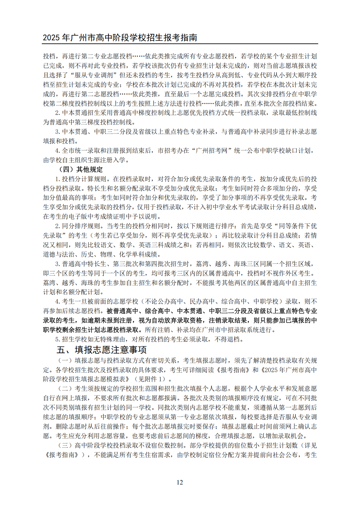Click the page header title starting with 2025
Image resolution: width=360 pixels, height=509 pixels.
(x=120, y=38)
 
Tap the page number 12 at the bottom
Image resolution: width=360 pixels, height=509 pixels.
(x=180, y=482)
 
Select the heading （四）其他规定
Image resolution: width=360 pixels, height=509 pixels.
(x=80, y=169)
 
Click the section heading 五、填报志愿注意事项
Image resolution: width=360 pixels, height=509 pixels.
(x=102, y=350)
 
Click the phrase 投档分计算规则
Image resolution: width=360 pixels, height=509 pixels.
(x=84, y=179)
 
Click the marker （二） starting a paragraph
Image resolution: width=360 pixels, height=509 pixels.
(x=65, y=389)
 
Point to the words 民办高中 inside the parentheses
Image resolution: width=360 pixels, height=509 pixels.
(x=202, y=301)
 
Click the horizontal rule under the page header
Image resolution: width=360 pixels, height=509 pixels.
(x=180, y=44)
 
